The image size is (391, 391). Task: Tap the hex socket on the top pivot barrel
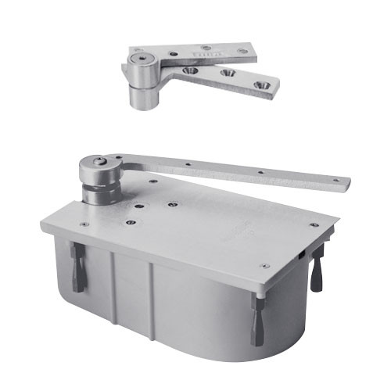(x=139, y=59)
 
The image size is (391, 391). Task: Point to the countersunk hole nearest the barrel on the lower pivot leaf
(x=190, y=70)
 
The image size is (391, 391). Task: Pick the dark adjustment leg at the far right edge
(x=317, y=267)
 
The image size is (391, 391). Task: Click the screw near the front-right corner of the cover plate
(x=264, y=266)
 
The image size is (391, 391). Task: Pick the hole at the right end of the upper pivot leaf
(x=242, y=53)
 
